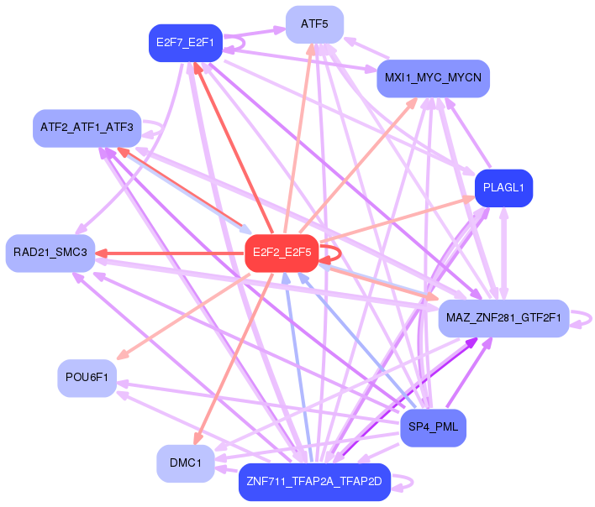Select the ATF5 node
coord(314,24)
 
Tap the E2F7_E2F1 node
coord(185,43)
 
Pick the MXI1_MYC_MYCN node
coord(433,78)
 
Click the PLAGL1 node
coord(503,189)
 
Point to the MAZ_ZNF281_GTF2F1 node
coord(503,318)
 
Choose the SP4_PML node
coord(433,427)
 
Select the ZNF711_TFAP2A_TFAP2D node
coord(314,482)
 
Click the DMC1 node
coord(185,463)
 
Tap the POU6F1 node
coord(87,377)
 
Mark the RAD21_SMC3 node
coord(50,253)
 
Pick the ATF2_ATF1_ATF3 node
coord(87,128)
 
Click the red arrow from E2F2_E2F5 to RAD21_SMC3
coord(168,253)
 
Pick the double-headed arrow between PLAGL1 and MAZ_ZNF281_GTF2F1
coord(503,252)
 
